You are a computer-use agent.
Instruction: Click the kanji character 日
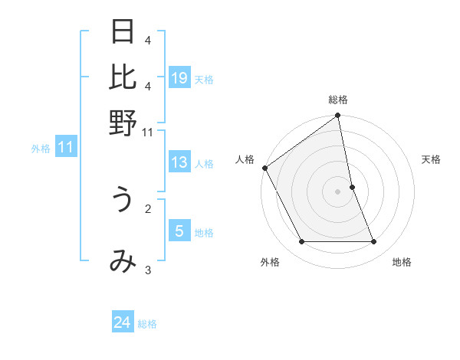tap(123, 32)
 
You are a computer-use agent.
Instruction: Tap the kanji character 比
tap(123, 77)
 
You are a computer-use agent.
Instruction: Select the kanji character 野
tap(123, 123)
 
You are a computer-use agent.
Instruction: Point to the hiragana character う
tap(123, 201)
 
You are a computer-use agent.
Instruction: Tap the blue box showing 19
tap(179, 78)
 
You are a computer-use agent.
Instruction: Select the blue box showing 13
tap(179, 162)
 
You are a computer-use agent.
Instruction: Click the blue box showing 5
tap(179, 231)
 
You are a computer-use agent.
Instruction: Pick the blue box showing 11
tap(65, 148)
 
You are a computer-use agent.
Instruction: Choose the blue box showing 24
tap(123, 322)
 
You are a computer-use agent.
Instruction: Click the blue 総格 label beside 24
tap(147, 324)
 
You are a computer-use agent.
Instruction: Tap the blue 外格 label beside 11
tap(40, 149)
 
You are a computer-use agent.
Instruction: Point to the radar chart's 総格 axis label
tap(338, 100)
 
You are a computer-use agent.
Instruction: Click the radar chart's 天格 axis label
tap(431, 159)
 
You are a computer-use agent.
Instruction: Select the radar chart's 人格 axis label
tap(245, 159)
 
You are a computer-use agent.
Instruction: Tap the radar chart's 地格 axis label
tap(402, 262)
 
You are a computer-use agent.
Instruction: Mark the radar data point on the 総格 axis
tap(338, 116)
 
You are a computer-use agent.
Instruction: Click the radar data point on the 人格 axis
tap(265, 168)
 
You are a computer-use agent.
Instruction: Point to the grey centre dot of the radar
tap(338, 191)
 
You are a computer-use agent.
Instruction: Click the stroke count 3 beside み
tap(148, 269)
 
